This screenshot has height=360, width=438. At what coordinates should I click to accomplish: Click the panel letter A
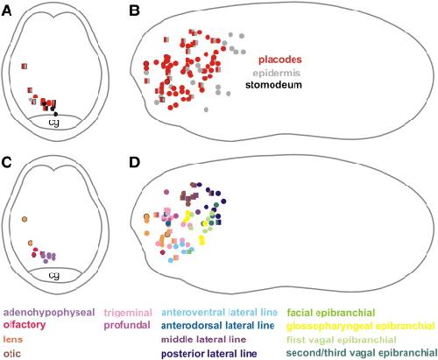pos(7,11)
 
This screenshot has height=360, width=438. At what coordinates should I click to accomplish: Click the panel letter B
pos(134,11)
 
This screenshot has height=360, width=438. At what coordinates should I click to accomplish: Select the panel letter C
pos(7,162)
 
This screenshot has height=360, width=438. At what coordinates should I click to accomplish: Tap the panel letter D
pos(134,162)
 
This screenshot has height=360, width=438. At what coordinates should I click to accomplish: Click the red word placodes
pos(280,60)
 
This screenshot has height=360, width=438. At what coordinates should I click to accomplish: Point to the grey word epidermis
pos(277,73)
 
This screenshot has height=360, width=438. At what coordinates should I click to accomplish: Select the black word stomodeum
pos(273,85)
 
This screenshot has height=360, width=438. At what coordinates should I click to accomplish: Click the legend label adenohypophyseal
pos(49,313)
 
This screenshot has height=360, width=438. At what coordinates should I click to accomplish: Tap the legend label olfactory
pos(25,325)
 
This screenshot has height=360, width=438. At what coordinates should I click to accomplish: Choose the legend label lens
pos(13,339)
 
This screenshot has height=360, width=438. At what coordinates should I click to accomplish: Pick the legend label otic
pos(12,354)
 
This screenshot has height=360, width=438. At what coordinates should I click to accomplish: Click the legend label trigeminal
pos(128,313)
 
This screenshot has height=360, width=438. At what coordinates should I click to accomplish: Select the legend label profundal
pos(127,325)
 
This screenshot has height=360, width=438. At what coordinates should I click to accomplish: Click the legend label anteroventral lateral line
pos(219,313)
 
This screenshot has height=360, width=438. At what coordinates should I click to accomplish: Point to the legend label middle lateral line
pos(203,339)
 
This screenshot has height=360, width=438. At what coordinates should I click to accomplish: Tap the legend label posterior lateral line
pos(209,354)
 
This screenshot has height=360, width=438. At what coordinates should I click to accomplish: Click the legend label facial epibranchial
pos(331,313)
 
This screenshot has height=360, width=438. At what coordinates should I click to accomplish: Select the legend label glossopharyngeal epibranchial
pos(361,326)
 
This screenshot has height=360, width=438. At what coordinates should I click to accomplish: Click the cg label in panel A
pos(54,123)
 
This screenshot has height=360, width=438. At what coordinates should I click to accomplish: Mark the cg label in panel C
pos(54,275)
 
